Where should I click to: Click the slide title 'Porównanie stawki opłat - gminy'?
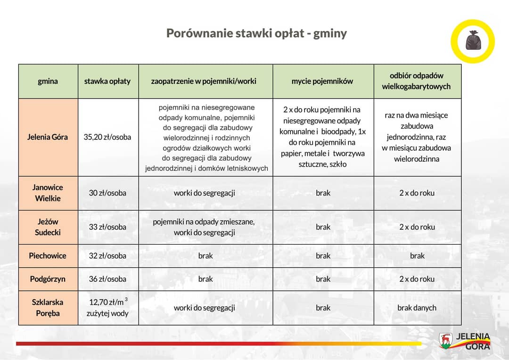tap(256, 33)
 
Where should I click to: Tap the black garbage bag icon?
tap(473, 41)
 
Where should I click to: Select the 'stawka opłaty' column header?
tap(107, 81)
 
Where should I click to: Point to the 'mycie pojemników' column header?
tap(322, 81)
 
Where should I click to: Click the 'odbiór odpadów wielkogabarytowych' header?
tap(417, 81)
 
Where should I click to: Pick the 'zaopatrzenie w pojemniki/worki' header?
tap(204, 81)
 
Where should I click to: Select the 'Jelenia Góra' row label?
tap(48, 137)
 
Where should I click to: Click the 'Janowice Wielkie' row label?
tap(48, 193)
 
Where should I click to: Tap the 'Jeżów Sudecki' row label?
tap(48, 227)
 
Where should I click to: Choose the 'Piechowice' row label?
tap(48, 256)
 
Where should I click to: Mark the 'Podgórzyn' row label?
tap(48, 279)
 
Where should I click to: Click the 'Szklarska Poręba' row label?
tap(48, 308)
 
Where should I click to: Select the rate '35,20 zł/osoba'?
tap(107, 137)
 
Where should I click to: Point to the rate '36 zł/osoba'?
tap(107, 279)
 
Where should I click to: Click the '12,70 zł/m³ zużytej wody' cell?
tap(107, 308)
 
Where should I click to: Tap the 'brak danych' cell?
tap(417, 308)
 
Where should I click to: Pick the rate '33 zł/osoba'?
tap(107, 227)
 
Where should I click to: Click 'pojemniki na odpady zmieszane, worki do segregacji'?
tap(204, 227)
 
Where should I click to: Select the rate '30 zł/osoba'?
tap(107, 193)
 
